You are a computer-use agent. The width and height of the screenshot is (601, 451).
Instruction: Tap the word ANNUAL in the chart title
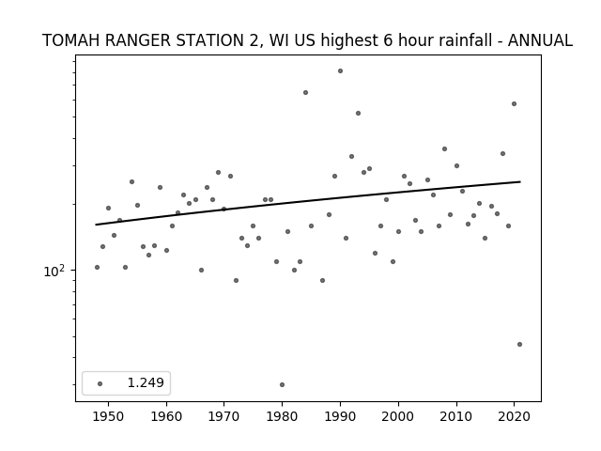click(x=540, y=40)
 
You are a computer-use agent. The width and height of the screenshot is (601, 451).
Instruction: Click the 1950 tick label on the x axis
click(x=109, y=416)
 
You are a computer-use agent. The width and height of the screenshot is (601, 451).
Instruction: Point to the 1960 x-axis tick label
click(x=166, y=416)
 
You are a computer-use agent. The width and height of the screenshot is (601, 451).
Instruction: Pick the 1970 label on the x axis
click(x=224, y=416)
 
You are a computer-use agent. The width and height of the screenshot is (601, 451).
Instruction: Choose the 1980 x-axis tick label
click(x=283, y=416)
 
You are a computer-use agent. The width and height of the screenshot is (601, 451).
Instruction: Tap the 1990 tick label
click(x=340, y=416)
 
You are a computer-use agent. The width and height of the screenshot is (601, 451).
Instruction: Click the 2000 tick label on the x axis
click(x=398, y=416)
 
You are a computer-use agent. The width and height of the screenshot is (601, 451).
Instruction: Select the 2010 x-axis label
click(x=456, y=416)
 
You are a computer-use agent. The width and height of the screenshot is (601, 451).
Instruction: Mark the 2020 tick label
click(x=514, y=416)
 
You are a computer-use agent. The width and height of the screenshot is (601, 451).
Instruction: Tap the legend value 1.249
click(x=146, y=382)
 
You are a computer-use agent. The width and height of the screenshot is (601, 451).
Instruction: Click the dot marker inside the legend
click(x=100, y=383)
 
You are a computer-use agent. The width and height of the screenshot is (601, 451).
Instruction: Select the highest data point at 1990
click(x=340, y=71)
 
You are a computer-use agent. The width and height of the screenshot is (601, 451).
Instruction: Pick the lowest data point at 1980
click(x=282, y=384)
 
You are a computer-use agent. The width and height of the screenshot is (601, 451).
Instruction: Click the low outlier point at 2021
click(x=519, y=345)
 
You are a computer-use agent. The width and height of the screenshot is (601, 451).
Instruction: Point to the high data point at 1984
click(x=305, y=92)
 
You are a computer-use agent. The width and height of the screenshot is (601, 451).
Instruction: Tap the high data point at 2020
click(x=514, y=104)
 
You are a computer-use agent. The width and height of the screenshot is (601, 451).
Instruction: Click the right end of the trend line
click(x=520, y=181)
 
